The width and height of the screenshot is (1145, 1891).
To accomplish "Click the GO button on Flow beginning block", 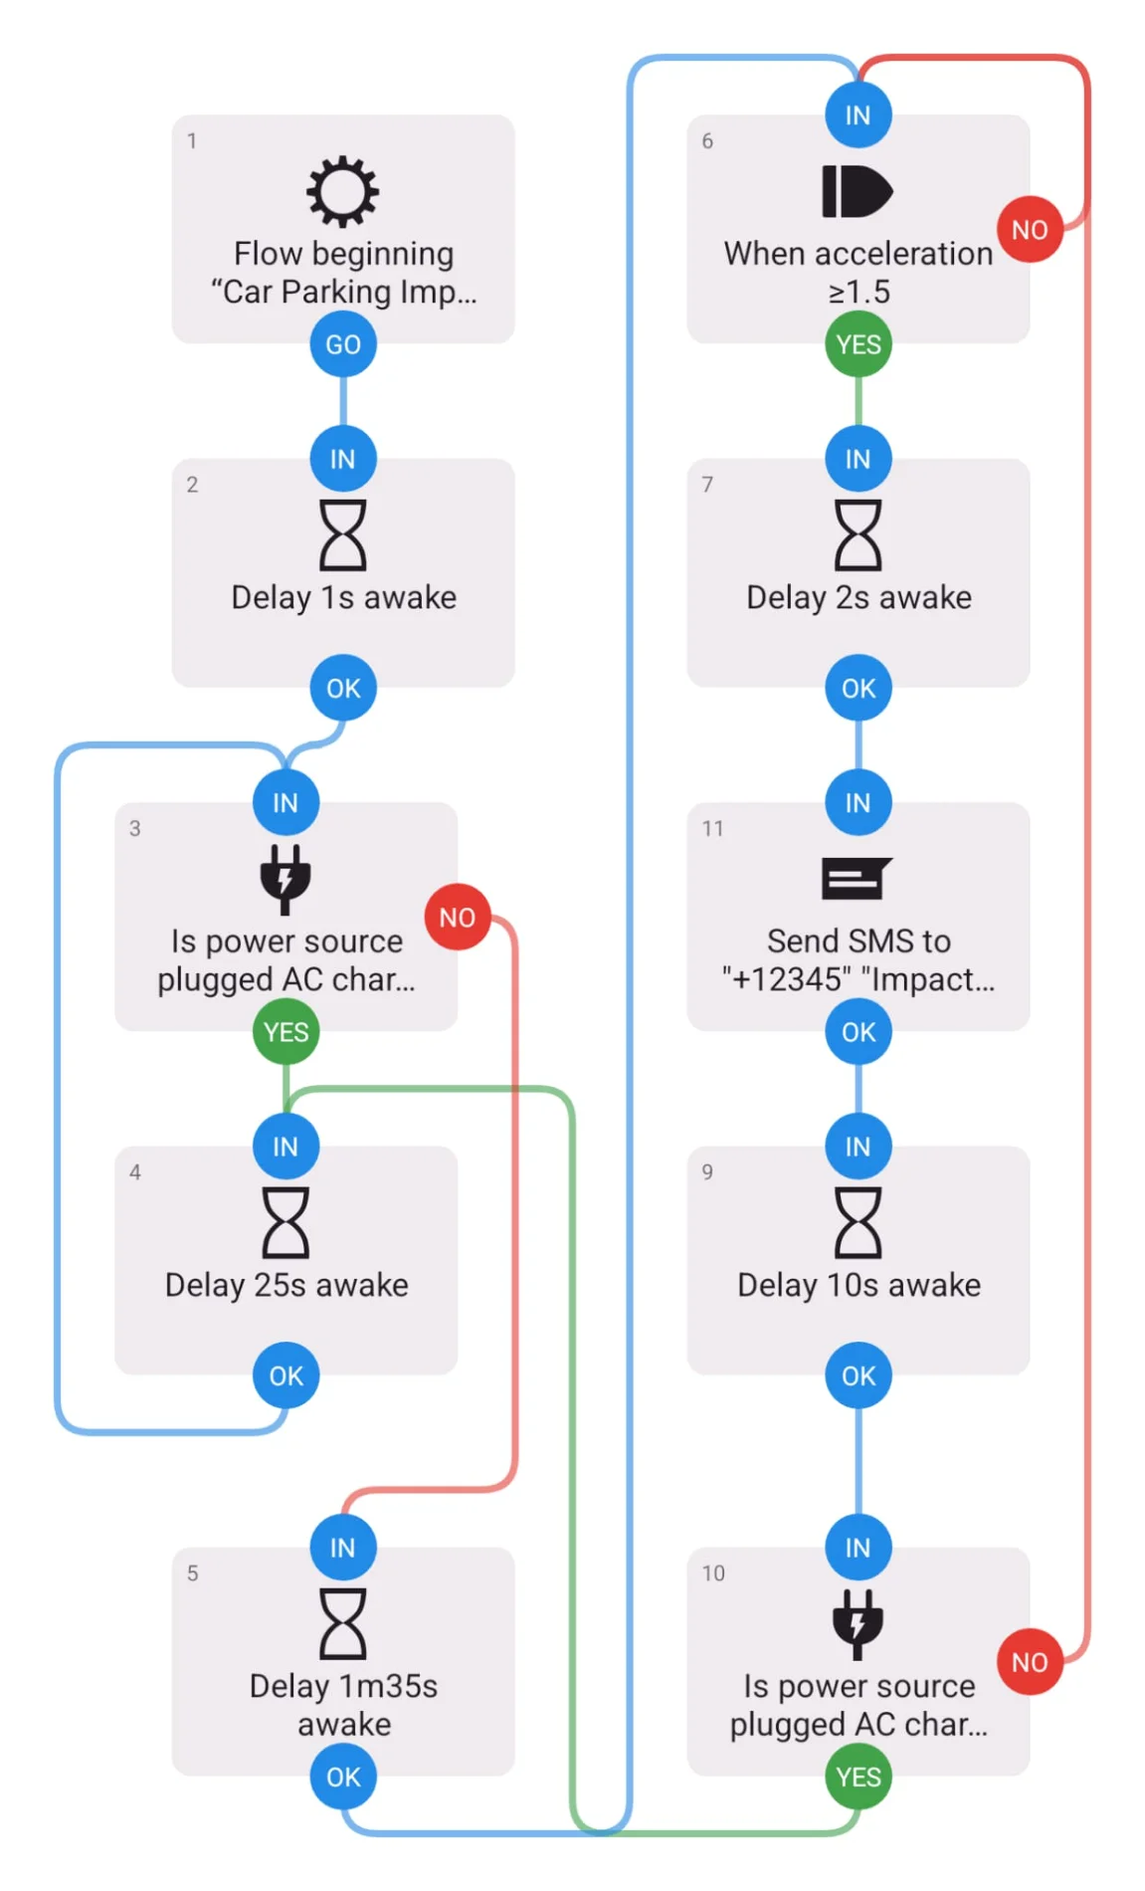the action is (343, 344).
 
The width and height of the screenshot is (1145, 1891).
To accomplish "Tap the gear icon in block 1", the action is (342, 191).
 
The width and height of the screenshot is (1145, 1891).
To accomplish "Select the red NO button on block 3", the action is (458, 917).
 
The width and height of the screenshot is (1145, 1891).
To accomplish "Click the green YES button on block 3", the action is (286, 1032).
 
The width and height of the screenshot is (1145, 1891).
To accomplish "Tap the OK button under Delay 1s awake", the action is (343, 688).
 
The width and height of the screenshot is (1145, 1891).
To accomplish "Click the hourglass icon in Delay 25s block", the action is (286, 1222).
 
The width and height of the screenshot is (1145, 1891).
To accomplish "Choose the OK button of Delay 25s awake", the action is (286, 1375).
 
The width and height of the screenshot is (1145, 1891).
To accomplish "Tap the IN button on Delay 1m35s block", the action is (342, 1548).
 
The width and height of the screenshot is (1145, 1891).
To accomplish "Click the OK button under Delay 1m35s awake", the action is (343, 1777).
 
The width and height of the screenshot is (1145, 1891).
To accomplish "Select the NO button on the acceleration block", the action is (1030, 230).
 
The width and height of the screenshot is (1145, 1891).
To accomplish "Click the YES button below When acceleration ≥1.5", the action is (859, 344).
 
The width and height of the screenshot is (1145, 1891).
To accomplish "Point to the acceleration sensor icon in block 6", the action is (858, 191).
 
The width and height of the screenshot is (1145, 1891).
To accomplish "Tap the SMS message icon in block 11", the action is (858, 879).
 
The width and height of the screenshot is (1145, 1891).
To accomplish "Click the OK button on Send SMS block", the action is (859, 1032).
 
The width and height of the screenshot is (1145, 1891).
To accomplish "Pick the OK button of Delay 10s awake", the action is (859, 1375).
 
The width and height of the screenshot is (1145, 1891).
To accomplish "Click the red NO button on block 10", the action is (1030, 1662).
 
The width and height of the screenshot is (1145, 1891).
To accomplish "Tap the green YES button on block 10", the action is (859, 1777).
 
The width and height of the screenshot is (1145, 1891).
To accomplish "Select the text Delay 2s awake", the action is (859, 597).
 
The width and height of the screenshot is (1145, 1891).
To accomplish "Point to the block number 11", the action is (712, 828).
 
